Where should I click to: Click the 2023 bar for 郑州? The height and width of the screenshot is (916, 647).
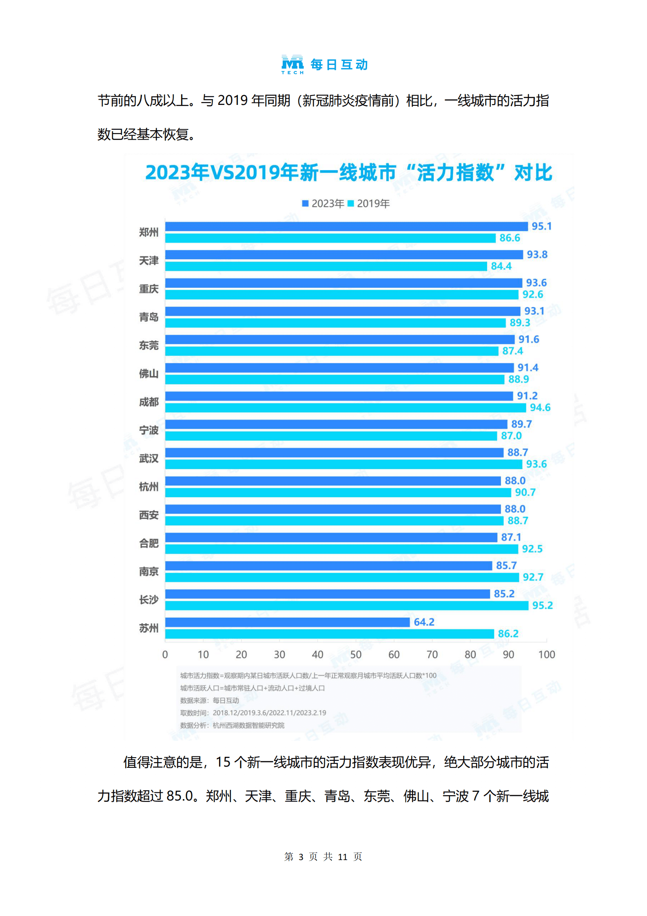pyautogui.click(x=346, y=226)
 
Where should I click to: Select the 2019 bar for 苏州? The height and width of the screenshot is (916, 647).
pyautogui.click(x=329, y=634)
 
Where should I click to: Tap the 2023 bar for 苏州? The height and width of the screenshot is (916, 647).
pyautogui.click(x=287, y=622)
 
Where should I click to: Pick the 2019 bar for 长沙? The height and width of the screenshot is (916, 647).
pyautogui.click(x=346, y=605)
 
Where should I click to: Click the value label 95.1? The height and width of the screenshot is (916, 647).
pyautogui.click(x=541, y=226)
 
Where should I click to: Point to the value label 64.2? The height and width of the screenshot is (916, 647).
pyautogui.click(x=424, y=622)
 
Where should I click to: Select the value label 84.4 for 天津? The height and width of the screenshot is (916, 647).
pyautogui.click(x=501, y=266)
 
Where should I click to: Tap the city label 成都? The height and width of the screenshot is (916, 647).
pyautogui.click(x=148, y=402)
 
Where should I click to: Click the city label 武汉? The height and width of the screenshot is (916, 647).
pyautogui.click(x=148, y=458)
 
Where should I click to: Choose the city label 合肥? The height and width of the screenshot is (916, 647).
pyautogui.click(x=148, y=543)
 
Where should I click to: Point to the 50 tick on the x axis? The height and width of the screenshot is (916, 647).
pyautogui.click(x=356, y=655)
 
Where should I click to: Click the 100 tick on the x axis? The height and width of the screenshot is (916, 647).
pyautogui.click(x=546, y=655)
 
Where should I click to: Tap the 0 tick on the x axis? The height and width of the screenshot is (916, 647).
pyautogui.click(x=165, y=655)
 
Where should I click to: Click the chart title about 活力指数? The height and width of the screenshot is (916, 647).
pyautogui.click(x=349, y=172)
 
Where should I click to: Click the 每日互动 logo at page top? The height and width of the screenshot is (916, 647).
pyautogui.click(x=325, y=64)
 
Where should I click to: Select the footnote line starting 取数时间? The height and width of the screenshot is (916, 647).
pyautogui.click(x=253, y=713)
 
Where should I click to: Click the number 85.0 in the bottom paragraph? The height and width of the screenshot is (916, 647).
pyautogui.click(x=179, y=796)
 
